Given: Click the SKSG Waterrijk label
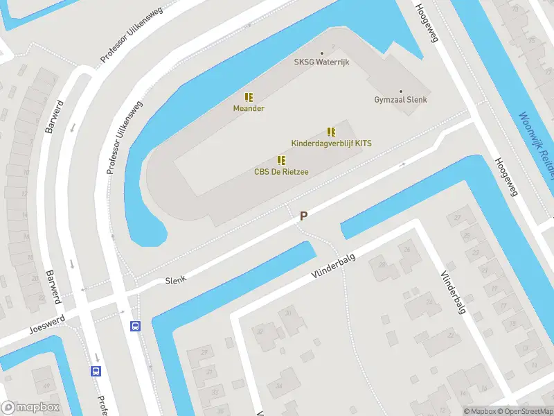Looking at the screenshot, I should click(x=321, y=62).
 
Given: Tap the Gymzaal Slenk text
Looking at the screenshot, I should click(x=400, y=100).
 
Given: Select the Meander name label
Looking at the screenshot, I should click(x=249, y=108).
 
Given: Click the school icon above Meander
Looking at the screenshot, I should click(x=249, y=98).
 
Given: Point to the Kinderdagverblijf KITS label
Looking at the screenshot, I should click(x=332, y=143).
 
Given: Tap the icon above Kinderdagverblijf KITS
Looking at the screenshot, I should click(x=332, y=132).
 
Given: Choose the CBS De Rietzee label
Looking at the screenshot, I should click(x=281, y=171).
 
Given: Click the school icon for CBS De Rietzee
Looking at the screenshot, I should click(x=281, y=160).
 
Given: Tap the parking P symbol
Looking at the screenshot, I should click(x=303, y=216).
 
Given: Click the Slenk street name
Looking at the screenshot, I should click(x=177, y=280).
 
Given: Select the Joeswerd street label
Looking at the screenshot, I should click(x=47, y=323).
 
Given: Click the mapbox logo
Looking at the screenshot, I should click(x=30, y=408).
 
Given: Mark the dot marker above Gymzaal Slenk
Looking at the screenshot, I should click(x=400, y=91).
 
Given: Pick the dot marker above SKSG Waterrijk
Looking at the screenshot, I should click(x=321, y=53).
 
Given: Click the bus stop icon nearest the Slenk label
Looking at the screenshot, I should click(x=135, y=326).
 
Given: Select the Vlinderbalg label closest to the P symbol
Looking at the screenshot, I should click(x=333, y=267).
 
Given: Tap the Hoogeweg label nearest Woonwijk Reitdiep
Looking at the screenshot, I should click(x=506, y=177).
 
